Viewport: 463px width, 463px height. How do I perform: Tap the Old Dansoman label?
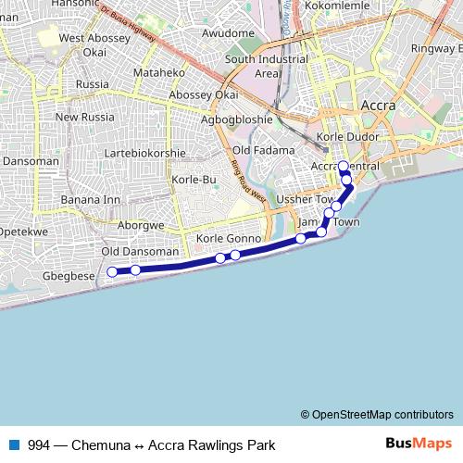click(139, 252)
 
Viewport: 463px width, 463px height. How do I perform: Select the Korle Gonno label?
click(230, 239)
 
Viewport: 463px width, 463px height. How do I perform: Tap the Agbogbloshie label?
click(237, 119)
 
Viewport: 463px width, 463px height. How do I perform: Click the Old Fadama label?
click(264, 150)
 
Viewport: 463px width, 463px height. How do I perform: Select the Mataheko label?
click(159, 72)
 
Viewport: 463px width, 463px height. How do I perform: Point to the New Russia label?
click(83, 118)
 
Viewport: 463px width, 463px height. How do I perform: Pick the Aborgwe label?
click(141, 224)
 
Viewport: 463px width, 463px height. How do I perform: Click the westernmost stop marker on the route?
click(112, 271)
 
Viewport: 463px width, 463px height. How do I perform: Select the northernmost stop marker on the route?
click(343, 167)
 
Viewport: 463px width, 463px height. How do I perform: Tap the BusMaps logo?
click(418, 444)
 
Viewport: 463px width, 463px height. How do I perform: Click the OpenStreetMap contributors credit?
click(376, 414)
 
